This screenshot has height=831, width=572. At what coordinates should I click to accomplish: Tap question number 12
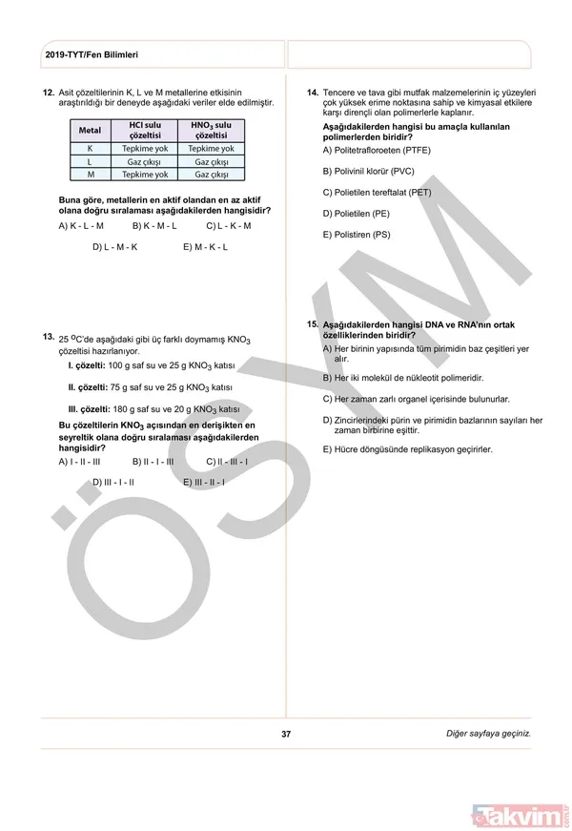pos(48,93)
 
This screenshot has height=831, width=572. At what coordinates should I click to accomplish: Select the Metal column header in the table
pos(90,130)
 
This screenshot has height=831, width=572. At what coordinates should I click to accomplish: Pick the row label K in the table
pos(90,149)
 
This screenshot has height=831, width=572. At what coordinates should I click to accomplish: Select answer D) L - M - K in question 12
pos(115,247)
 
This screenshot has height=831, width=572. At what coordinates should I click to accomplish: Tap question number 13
pos(48,336)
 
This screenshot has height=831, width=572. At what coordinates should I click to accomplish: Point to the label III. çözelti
pos(90,408)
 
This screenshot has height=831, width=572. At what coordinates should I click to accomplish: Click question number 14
pos(312,93)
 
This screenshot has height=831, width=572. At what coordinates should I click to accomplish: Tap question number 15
pos(312,325)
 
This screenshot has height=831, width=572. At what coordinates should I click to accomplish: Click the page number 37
pos(286,734)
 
